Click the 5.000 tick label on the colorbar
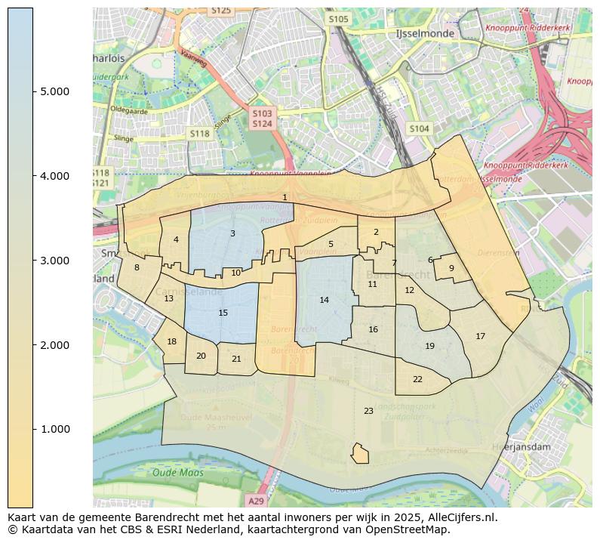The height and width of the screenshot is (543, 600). click(55, 91)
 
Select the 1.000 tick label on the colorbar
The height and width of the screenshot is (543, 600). click(55, 429)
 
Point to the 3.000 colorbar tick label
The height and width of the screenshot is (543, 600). click(55, 261)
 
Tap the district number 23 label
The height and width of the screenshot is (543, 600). click(368, 411)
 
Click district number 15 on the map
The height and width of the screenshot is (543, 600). click(223, 313)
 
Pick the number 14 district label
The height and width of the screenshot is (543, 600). click(324, 300)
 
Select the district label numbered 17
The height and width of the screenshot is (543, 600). click(480, 336)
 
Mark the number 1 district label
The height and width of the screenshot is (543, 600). click(285, 197)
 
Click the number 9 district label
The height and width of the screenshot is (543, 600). click(451, 267)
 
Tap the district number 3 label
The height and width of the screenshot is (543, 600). click(232, 233)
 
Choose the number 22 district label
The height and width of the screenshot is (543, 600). click(417, 379)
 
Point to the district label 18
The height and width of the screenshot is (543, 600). click(172, 341)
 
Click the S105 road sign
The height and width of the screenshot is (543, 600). click(339, 18)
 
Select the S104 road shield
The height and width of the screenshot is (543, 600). click(419, 129)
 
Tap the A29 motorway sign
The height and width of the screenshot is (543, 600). click(257, 501)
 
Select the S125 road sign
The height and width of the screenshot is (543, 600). click(221, 11)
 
